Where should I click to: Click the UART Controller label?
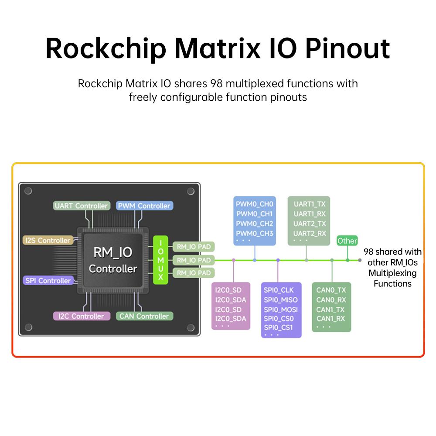(81, 206)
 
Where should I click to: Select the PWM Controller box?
(145, 206)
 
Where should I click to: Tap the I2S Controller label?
(48, 240)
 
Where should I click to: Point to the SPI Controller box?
(48, 280)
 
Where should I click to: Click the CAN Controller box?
(145, 316)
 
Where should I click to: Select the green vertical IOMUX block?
(160, 260)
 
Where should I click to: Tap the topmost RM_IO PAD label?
(194, 247)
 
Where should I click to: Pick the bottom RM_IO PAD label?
(194, 273)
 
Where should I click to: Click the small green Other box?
(347, 241)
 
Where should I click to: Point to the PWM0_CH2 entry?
(254, 224)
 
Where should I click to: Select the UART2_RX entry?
(310, 233)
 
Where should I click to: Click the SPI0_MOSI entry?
(281, 309)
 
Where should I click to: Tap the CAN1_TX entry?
(330, 309)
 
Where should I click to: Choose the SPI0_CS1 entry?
(279, 327)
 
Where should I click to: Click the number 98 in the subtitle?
(217, 83)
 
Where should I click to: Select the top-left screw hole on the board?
(28, 191)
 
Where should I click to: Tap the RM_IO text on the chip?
(113, 252)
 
